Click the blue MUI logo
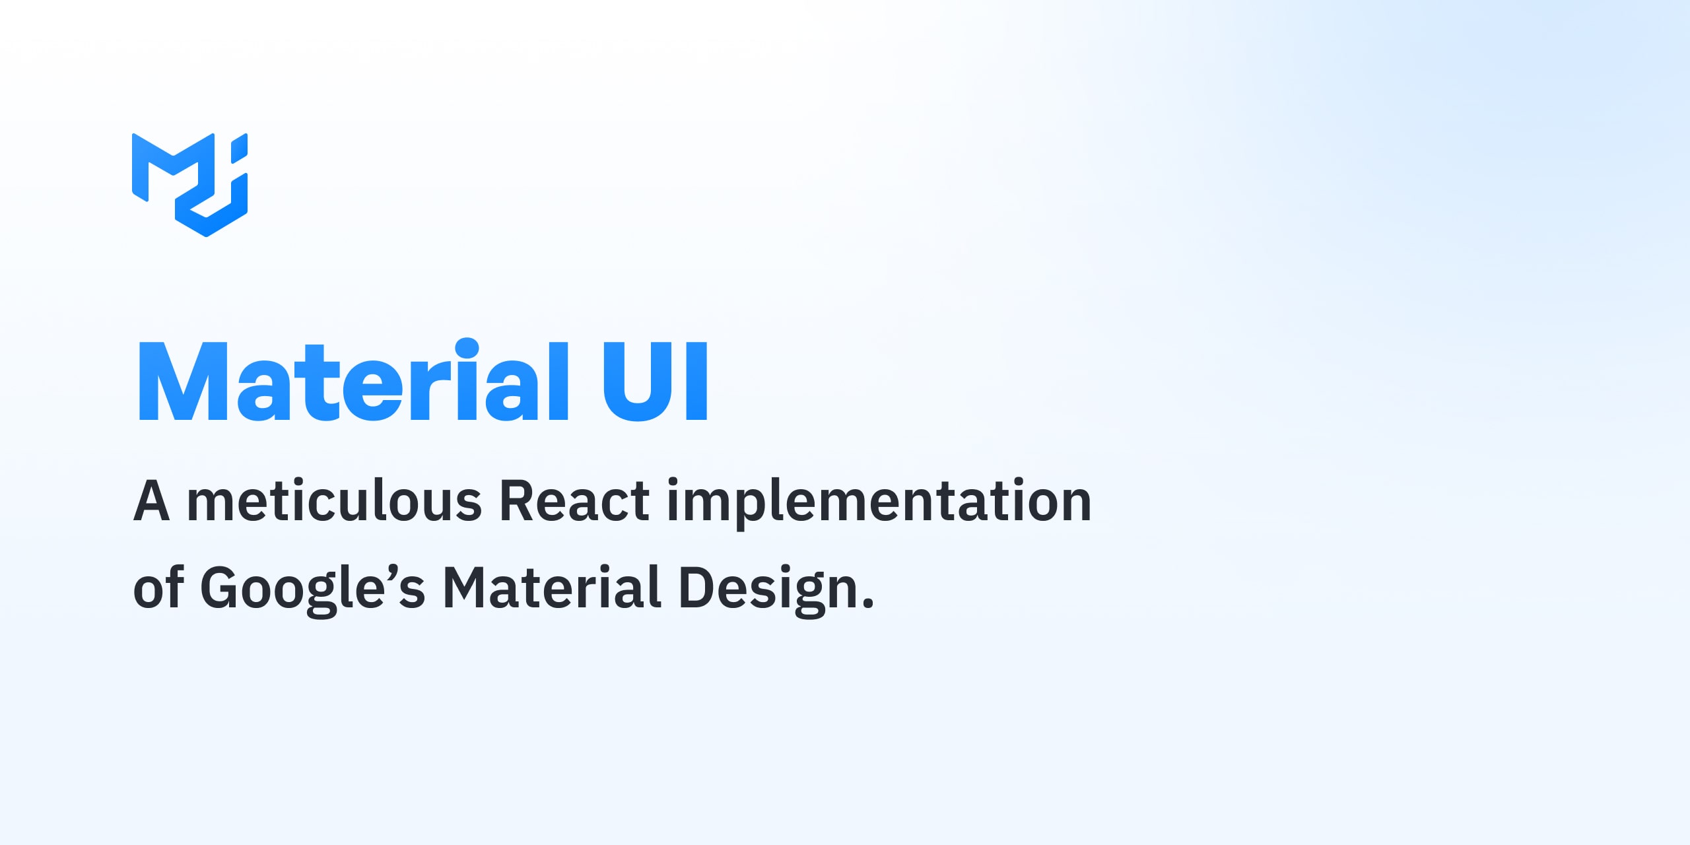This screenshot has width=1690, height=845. tap(189, 184)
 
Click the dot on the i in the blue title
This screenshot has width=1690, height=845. tap(467, 347)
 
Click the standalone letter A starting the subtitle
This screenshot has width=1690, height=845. tap(152, 502)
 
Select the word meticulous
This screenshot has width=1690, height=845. tap(335, 502)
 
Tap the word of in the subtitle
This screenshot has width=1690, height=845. tap(158, 588)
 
